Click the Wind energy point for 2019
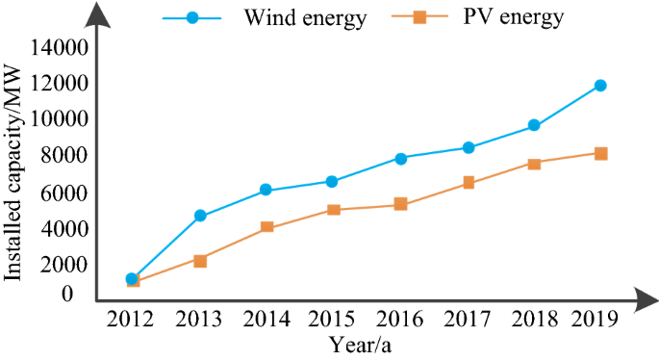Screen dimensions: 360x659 click(x=600, y=86)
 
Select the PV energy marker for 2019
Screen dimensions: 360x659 click(x=600, y=153)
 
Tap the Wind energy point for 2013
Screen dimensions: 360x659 click(x=200, y=216)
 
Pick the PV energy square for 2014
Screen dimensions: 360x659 click(x=266, y=227)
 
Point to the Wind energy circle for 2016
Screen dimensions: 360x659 click(x=400, y=158)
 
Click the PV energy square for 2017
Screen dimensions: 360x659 click(x=468, y=183)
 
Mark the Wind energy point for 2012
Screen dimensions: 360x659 click(x=133, y=278)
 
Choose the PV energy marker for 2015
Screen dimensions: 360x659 click(x=334, y=210)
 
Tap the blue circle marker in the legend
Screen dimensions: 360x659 click(x=192, y=18)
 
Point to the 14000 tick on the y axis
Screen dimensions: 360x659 click(x=63, y=47)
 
